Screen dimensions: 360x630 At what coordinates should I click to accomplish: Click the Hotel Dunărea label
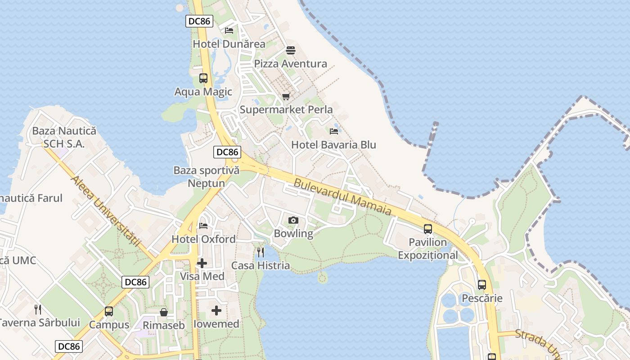point(229,44)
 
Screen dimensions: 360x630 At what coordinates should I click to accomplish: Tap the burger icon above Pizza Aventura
point(291,50)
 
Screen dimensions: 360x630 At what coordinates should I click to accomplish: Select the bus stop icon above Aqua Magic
point(203,78)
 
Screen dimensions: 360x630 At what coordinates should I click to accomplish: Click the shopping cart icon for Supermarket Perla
point(286,96)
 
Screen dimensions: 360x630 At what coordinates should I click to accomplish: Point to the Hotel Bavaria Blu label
point(333,145)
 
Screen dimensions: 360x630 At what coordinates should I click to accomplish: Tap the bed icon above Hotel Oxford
point(203,225)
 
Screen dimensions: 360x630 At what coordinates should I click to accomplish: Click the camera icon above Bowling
point(293,220)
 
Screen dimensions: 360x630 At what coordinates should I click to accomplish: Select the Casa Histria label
point(261,265)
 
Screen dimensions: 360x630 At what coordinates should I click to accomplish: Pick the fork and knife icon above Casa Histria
point(261,252)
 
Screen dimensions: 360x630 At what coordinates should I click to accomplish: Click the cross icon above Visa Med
point(202,263)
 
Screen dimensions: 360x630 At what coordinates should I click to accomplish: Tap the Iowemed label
point(216,324)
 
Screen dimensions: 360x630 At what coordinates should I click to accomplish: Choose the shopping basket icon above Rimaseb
point(164,312)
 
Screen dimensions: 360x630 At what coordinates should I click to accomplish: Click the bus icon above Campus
point(109,311)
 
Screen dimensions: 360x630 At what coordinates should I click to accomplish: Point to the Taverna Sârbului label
point(39,323)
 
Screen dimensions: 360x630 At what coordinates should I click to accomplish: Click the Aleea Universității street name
point(106,211)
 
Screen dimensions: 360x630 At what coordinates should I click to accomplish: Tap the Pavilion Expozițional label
point(427,249)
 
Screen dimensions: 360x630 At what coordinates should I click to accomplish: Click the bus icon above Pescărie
point(482,285)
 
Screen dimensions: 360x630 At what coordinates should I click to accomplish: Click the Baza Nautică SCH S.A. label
point(64,137)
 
